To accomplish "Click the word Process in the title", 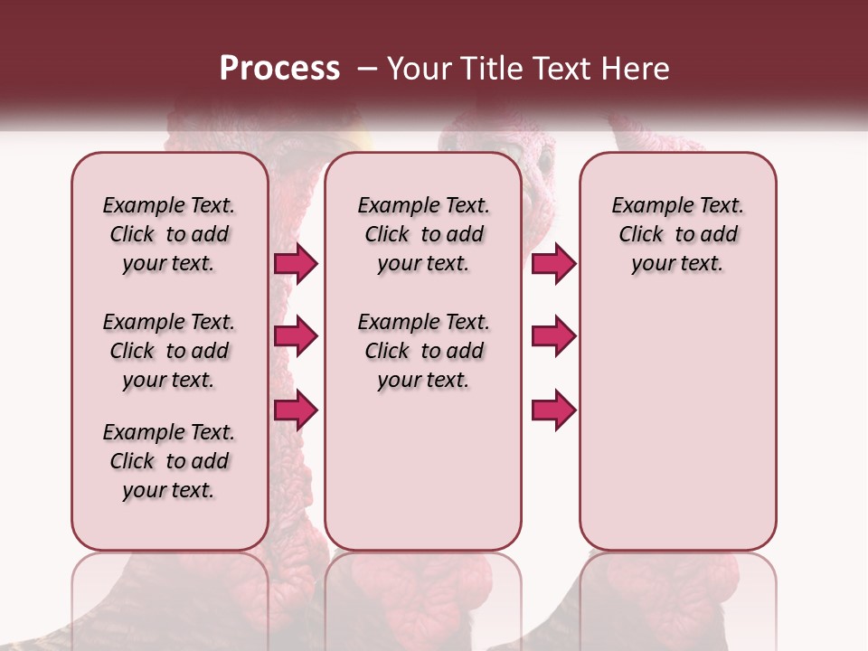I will tap(279, 69).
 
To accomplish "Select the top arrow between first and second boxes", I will tap(296, 263).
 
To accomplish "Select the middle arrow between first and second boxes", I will tap(296, 336).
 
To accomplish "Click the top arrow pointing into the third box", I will tap(553, 263).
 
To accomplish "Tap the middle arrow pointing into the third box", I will tap(553, 336).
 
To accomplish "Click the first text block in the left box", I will tap(169, 234).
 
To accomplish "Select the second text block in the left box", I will tap(169, 351).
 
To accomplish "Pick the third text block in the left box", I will tap(169, 461).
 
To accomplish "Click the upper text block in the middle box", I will tap(423, 234).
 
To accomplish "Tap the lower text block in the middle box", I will tap(423, 351).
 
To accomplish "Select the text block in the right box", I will tap(677, 234).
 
